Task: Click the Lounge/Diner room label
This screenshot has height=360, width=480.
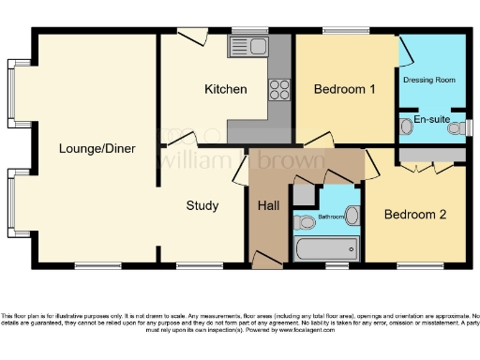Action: [97, 148]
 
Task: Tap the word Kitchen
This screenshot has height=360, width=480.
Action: [226, 90]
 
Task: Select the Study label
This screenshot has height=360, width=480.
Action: [202, 205]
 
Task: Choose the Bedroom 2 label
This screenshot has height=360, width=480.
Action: [414, 214]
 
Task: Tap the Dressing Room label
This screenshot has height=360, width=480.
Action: [428, 80]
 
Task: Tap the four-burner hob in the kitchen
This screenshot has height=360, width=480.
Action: [280, 89]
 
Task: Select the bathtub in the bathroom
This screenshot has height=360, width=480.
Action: [326, 248]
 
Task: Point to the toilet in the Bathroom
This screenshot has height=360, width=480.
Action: [305, 222]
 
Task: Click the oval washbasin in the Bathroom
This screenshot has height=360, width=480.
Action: [352, 215]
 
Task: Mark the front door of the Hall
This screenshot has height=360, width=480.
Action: [267, 259]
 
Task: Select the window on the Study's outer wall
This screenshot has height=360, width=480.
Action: [195, 265]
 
